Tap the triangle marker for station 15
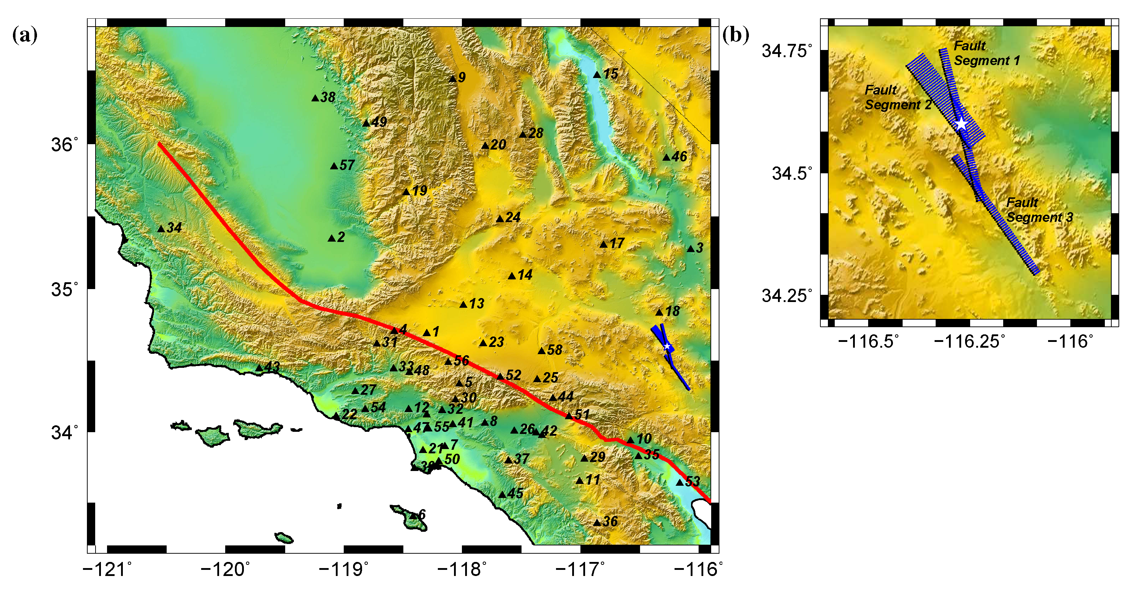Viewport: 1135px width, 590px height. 597,75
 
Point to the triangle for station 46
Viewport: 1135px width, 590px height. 667,157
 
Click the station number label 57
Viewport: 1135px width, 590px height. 347,165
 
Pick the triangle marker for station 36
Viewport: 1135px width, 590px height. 597,522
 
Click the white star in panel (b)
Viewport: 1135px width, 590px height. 961,124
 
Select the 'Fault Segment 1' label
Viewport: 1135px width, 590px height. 986,53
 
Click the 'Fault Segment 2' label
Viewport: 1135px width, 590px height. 898,97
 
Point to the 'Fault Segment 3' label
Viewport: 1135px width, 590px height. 1039,210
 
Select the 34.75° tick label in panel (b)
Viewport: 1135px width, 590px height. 787,51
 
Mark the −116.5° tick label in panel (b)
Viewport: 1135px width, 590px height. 868,341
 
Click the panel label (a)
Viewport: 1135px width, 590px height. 25,35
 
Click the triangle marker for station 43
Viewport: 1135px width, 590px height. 260,368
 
